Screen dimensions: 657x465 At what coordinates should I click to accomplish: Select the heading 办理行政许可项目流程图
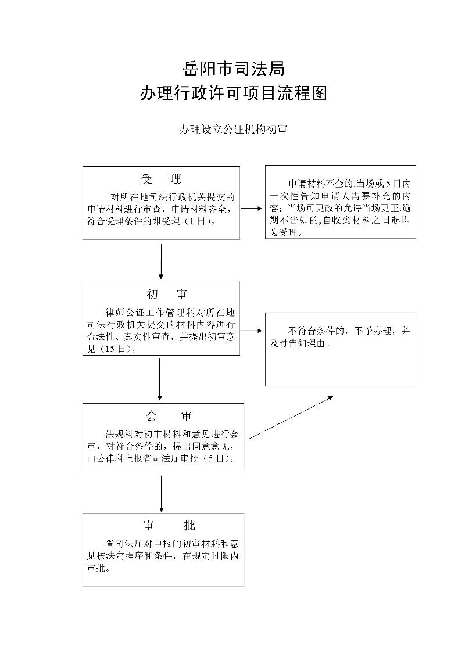(233, 94)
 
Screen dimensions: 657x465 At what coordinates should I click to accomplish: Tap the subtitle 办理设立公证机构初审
(233, 130)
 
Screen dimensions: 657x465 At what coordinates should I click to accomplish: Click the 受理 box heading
(161, 178)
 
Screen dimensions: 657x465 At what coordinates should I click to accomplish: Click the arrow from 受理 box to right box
(252, 207)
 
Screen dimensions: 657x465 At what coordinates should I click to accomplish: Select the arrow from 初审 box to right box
(252, 331)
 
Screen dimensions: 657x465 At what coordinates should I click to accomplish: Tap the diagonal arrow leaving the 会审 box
(291, 417)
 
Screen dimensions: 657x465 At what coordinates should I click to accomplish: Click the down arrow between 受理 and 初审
(161, 261)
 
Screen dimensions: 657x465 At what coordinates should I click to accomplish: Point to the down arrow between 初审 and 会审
(160, 379)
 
